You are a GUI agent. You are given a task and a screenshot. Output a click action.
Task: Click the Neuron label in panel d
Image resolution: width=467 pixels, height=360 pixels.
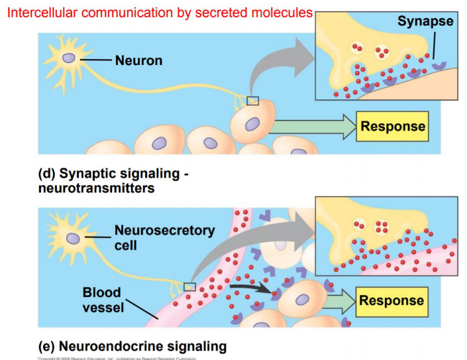coord(138,60)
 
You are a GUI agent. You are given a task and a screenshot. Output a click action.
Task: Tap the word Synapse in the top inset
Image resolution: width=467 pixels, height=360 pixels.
coord(425,21)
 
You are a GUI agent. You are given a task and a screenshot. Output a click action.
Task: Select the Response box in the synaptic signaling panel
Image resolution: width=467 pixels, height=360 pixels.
coord(392,125)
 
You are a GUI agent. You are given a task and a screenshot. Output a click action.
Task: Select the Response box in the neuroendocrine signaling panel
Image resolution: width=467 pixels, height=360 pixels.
coord(391,300)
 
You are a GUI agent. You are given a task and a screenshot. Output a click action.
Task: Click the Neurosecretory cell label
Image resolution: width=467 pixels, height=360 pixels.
coord(164,237)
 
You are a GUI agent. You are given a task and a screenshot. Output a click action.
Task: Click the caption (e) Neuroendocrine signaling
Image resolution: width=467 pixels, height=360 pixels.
coord(132,346)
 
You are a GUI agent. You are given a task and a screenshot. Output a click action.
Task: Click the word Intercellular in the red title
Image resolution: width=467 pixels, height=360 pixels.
coord(43,13)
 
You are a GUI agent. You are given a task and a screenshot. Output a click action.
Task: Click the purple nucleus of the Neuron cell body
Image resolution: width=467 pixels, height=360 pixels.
coord(69,58)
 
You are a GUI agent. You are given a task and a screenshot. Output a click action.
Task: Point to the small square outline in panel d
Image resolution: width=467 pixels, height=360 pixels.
coord(252,101)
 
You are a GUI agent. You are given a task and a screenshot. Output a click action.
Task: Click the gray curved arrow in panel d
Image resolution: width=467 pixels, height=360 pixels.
coord(278,63)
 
